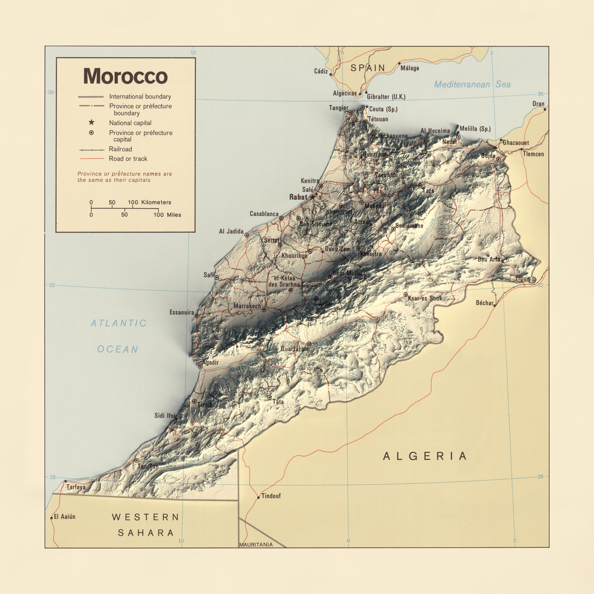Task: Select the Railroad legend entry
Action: coord(120,149)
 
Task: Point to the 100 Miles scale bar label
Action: coord(167,215)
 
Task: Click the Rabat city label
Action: coord(298,197)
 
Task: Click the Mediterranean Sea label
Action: coord(472,84)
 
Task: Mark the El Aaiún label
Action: coord(65,517)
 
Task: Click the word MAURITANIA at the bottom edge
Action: coord(256,544)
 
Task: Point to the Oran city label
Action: coord(538,104)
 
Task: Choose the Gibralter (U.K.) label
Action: coord(386,97)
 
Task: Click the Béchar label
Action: coord(484,303)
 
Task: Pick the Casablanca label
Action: coord(264,214)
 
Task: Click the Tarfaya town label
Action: coord(76,487)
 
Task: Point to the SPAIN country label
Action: coord(368,68)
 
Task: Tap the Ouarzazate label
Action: coord(295,349)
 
